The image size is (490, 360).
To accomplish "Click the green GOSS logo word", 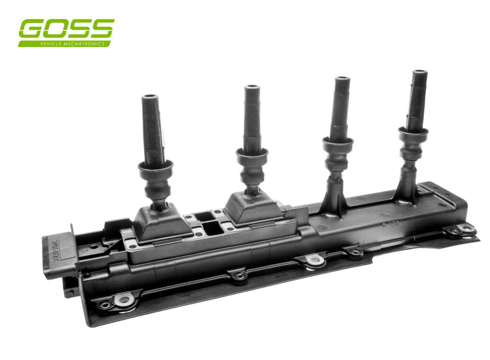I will (x=66, y=29).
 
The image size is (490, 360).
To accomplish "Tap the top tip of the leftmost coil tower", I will (x=149, y=98).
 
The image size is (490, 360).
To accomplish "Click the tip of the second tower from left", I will (x=252, y=88).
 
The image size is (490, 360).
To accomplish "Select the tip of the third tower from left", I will (x=342, y=80).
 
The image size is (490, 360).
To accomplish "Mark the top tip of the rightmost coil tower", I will (x=419, y=73).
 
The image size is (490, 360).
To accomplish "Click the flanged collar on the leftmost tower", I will (x=155, y=169).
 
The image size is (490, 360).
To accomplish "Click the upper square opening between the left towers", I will (x=202, y=216).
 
